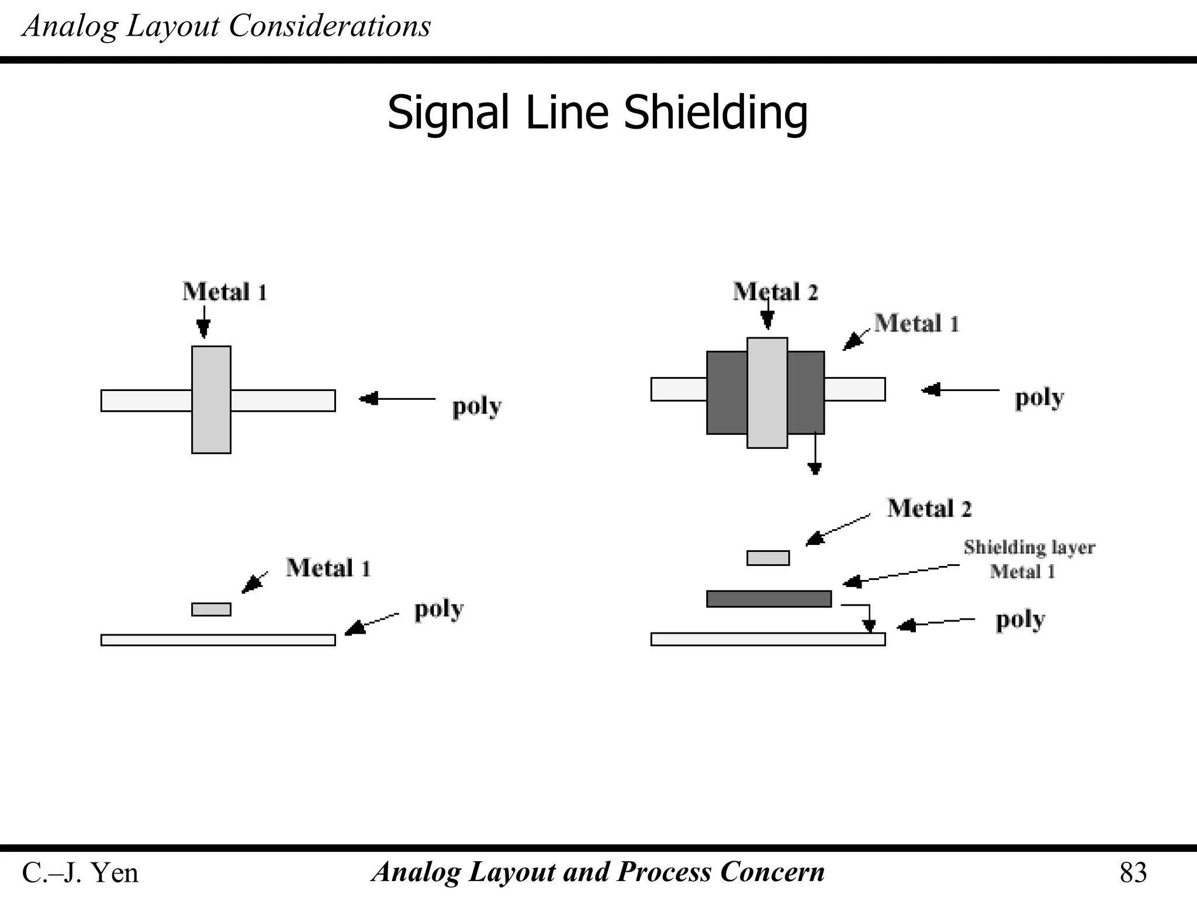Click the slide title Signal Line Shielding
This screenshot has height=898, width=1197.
point(597,112)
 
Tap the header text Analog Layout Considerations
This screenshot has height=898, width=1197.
point(226,26)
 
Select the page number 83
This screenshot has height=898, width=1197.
point(1133,873)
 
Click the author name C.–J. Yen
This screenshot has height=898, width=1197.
point(80,873)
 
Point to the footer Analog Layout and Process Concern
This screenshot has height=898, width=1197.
point(597,872)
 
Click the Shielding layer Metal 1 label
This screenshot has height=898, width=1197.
point(1029,559)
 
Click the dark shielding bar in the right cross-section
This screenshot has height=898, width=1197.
point(769,599)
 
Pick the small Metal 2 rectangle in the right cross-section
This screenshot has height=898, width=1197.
point(768,558)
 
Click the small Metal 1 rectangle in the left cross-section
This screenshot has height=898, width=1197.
point(211,609)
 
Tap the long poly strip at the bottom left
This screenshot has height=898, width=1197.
point(218,640)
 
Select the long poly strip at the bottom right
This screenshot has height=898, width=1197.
point(768,639)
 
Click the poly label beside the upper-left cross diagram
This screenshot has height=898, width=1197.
point(476,406)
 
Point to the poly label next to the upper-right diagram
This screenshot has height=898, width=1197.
point(1039,398)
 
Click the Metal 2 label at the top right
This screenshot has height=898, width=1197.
point(775,292)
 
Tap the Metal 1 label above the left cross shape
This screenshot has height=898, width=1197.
point(224,292)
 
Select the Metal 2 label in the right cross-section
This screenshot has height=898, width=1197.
point(929,508)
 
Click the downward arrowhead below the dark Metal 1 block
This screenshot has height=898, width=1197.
point(815,468)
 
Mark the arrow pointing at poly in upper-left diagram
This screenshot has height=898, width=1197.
point(397,399)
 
